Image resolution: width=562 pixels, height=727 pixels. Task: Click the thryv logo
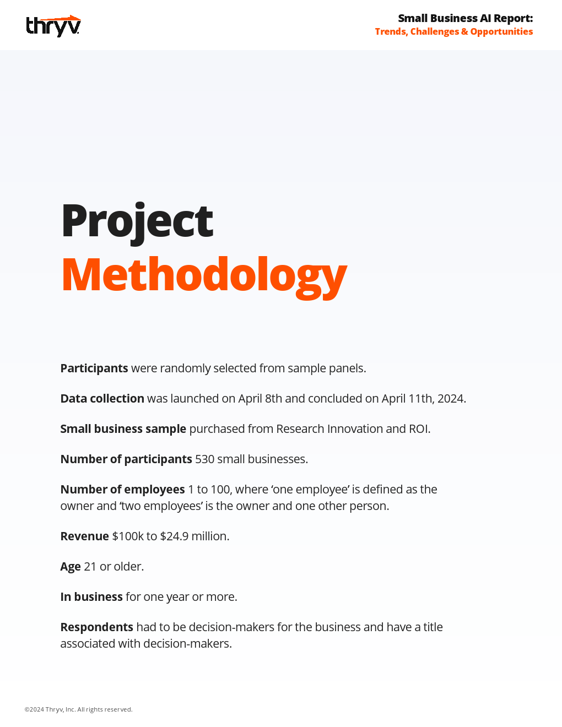[53, 26]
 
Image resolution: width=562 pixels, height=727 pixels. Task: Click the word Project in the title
[137, 221]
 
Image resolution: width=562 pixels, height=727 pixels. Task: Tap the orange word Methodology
[204, 275]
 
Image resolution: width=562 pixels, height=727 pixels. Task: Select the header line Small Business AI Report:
[465, 18]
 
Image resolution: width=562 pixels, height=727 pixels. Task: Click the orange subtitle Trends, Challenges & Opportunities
[453, 31]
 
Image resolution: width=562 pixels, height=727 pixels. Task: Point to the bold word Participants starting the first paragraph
[94, 368]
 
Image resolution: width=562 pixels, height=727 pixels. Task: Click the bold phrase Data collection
[102, 398]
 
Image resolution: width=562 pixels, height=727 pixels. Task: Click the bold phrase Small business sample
[123, 428]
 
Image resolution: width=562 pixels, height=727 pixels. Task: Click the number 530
[204, 459]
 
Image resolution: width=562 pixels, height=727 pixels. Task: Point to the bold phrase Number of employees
[122, 489]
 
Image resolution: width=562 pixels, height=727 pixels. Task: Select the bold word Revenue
[84, 536]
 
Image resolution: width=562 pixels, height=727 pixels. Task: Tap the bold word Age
[71, 566]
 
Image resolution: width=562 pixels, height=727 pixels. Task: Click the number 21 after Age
[90, 566]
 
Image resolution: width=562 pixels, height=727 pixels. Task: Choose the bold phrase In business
[91, 596]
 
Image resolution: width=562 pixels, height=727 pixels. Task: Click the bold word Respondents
[96, 627]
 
